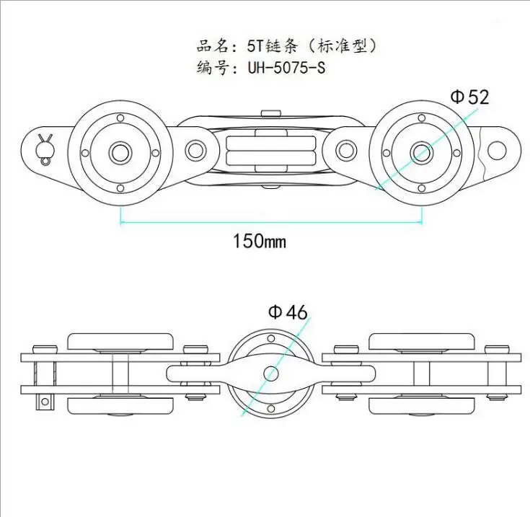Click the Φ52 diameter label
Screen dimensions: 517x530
pyautogui.click(x=469, y=97)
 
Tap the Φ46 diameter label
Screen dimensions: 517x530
pyautogui.click(x=288, y=312)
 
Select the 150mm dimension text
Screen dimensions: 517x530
pyautogui.click(x=259, y=241)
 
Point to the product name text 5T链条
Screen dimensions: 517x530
pyautogui.click(x=262, y=46)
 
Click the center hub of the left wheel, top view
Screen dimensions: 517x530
pyautogui.click(x=120, y=152)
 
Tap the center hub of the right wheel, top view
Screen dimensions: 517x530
pyautogui.click(x=420, y=152)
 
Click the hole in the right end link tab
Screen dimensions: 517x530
pyautogui.click(x=496, y=150)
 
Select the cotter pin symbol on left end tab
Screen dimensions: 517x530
pyautogui.click(x=46, y=144)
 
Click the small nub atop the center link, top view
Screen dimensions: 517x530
pyautogui.click(x=270, y=112)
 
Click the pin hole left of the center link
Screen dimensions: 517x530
pyautogui.click(x=195, y=151)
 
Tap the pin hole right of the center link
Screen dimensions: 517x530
pyautogui.click(x=346, y=151)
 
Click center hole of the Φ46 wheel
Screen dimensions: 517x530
pyautogui.click(x=270, y=374)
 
